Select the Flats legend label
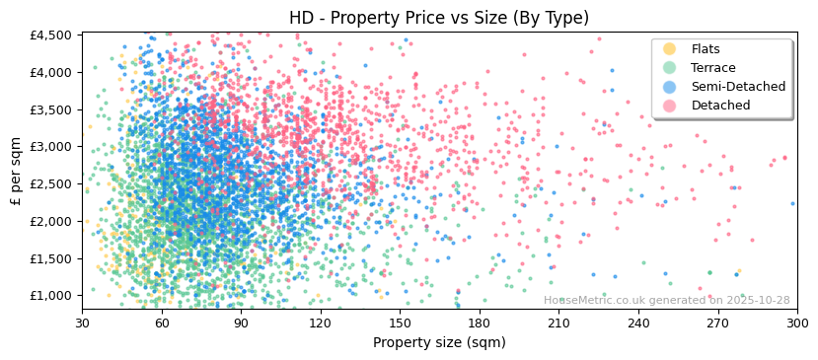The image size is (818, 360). point(706,49)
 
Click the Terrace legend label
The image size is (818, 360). point(712,68)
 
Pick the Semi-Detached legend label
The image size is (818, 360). point(738,87)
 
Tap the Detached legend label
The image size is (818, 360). point(720,106)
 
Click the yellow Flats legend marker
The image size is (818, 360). point(670,49)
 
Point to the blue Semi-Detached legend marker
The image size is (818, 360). point(670,87)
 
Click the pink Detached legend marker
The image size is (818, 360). point(670,106)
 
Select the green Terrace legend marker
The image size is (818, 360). point(670,68)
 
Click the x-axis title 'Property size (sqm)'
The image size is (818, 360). point(439,343)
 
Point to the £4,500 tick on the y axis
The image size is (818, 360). point(50,35)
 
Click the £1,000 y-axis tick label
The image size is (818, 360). point(50,296)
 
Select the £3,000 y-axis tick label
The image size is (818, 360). point(50,147)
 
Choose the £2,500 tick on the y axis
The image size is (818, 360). point(50,183)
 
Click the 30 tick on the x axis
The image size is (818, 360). point(82,323)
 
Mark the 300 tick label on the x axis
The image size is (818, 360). point(797,323)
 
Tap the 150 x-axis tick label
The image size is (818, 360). point(400,323)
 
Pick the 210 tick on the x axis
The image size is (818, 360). point(558,323)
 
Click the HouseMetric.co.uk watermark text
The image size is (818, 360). point(667,301)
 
